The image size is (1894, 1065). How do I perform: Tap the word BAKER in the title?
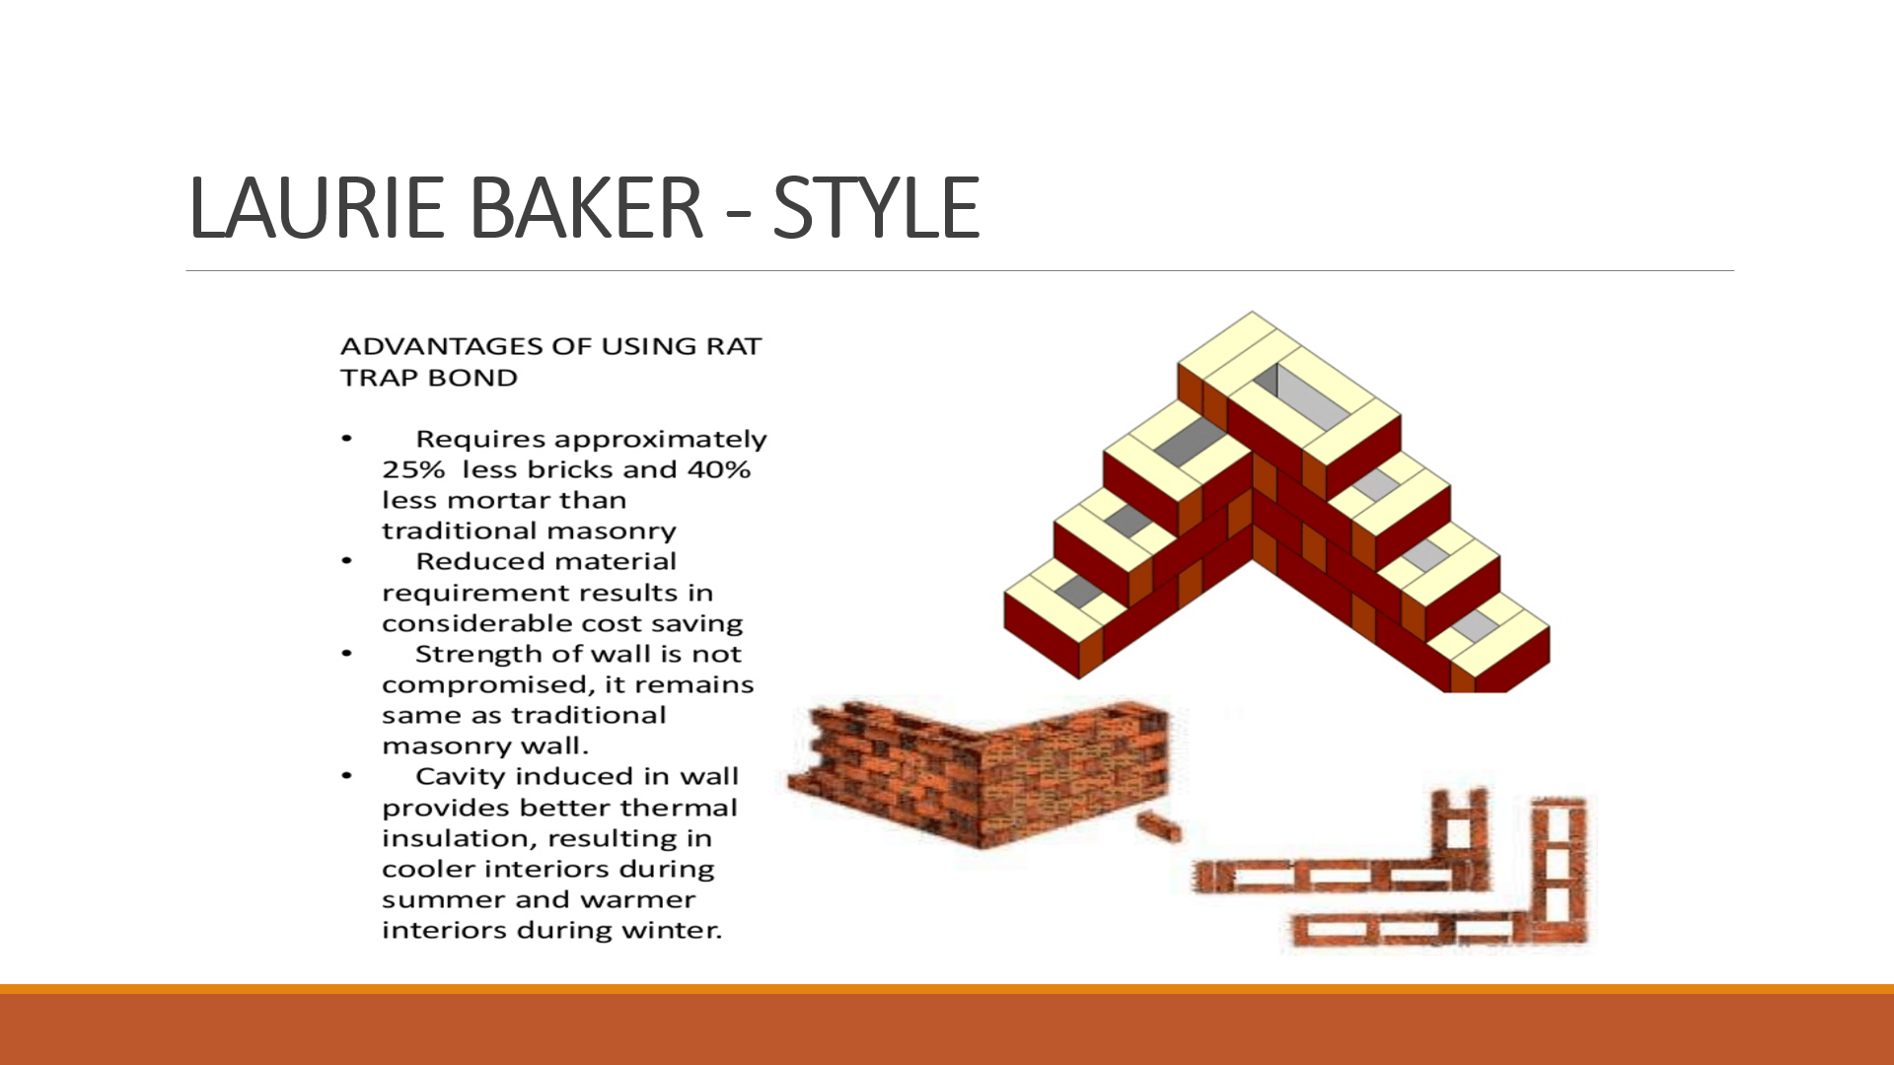click(586, 207)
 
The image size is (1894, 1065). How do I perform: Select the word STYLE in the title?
click(876, 207)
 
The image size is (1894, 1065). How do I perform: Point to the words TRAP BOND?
click(429, 378)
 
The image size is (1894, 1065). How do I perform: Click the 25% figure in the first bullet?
click(413, 469)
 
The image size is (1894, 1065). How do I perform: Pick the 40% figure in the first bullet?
click(719, 469)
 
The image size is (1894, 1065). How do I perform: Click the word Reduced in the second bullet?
click(477, 561)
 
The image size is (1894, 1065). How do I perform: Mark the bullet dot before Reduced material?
click(347, 561)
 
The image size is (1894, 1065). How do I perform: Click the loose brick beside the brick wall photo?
click(1158, 826)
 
